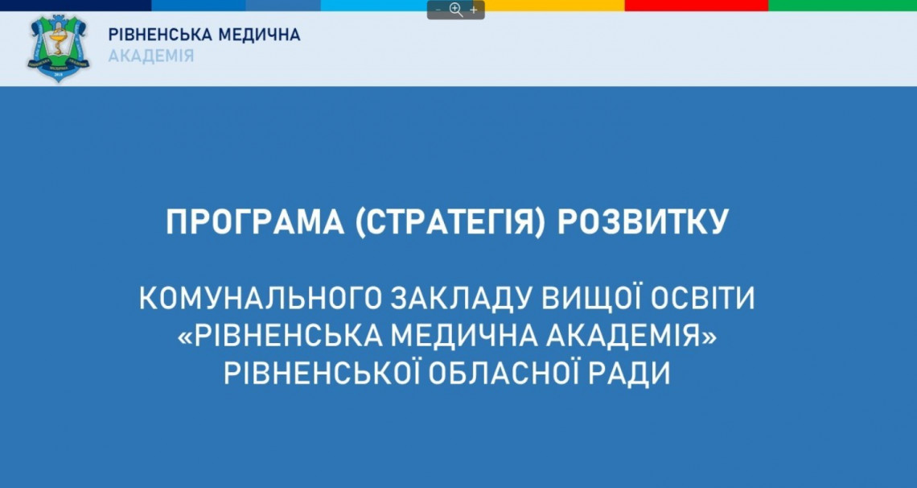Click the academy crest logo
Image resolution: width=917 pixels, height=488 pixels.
(58, 48)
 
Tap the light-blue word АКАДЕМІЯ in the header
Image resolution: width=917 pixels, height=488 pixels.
(151, 56)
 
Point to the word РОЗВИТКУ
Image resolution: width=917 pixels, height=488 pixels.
(643, 221)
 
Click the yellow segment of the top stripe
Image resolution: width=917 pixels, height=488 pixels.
(554, 6)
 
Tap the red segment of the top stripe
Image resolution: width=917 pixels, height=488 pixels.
(697, 6)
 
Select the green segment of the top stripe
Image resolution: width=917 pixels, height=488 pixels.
(843, 6)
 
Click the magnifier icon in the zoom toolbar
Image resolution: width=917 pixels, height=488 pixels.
(456, 10)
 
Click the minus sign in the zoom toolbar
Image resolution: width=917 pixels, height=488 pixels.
(438, 10)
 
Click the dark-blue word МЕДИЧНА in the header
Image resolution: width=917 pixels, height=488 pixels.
(259, 35)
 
